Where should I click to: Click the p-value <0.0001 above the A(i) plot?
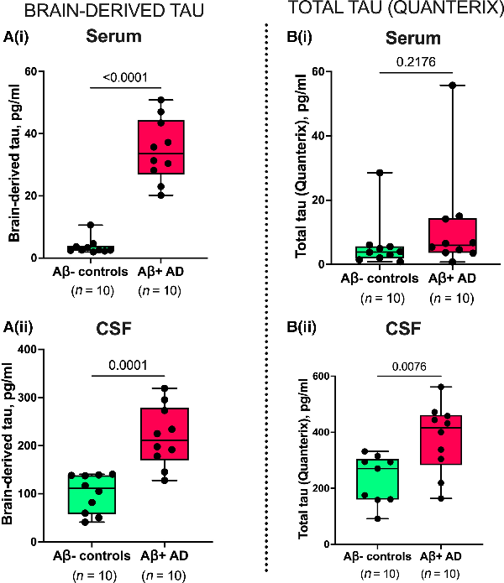click(x=126, y=78)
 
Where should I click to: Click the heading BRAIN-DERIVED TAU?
click(x=92, y=11)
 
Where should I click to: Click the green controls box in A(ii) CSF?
click(x=92, y=494)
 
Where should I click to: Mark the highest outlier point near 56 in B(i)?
click(x=428, y=86)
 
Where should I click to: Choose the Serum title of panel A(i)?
click(x=128, y=39)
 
